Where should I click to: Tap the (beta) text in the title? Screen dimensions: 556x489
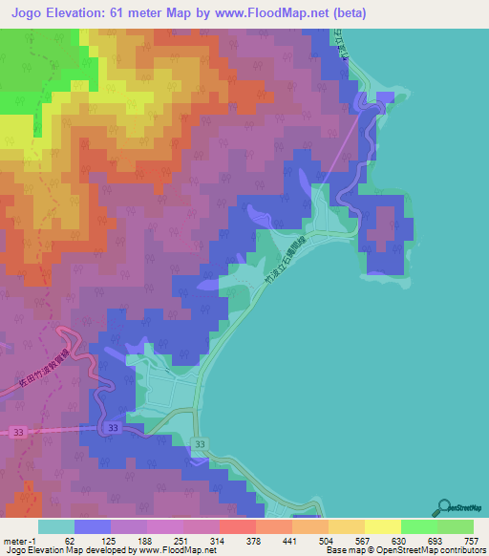(347, 13)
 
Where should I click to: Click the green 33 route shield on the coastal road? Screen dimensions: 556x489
(199, 446)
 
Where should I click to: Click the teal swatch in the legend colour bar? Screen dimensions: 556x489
(56, 526)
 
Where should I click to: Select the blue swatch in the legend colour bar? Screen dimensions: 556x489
(93, 526)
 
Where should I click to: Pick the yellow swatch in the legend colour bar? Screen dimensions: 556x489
(383, 526)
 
